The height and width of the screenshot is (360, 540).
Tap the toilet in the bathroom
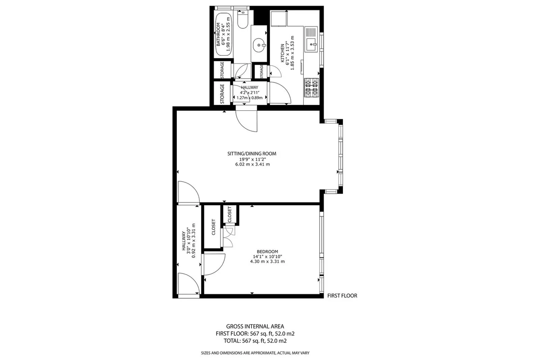click(243, 19)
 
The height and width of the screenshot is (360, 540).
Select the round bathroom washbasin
click(259, 45)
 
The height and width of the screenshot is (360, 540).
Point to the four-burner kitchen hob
click(311, 88)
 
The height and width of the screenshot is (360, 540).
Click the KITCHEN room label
click(282, 53)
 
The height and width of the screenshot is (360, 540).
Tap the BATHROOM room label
click(218, 34)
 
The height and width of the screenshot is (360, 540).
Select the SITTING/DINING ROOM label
click(252, 153)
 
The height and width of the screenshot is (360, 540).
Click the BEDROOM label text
click(267, 252)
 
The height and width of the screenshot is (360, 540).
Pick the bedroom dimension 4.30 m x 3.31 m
click(267, 261)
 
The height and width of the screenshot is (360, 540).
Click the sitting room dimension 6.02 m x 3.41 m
click(252, 164)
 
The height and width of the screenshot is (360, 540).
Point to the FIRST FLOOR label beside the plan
click(342, 296)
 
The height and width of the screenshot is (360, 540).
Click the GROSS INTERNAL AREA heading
click(255, 327)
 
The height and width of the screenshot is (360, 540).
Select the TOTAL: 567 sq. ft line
click(255, 341)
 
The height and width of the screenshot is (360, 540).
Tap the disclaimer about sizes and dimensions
click(255, 353)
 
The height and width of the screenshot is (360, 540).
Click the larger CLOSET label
click(213, 227)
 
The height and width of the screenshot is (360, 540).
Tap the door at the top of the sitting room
click(247, 121)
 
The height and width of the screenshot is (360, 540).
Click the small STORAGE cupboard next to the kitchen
click(261, 72)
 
